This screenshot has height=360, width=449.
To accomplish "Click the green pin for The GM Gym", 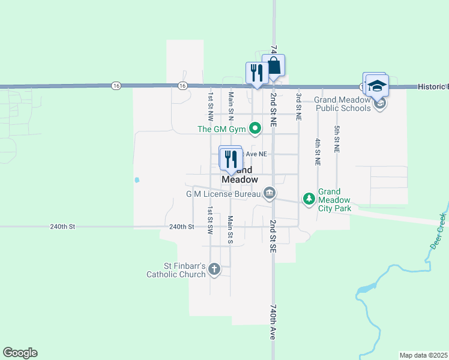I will [256, 128].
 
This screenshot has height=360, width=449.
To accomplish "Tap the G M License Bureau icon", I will [270, 193].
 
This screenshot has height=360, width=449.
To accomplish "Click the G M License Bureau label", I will [223, 194].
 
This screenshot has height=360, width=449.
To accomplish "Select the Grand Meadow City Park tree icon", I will [309, 199].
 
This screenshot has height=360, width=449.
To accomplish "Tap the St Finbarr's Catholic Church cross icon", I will [215, 270].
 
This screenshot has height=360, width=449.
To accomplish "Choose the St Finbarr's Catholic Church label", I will [176, 270].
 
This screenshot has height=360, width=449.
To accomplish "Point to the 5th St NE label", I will [337, 139].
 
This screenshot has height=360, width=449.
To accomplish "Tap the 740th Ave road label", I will [272, 322].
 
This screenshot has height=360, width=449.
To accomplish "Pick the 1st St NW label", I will [211, 104].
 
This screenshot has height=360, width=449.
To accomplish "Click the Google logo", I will [20, 353].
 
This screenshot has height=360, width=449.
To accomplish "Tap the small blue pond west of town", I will [137, 179].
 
